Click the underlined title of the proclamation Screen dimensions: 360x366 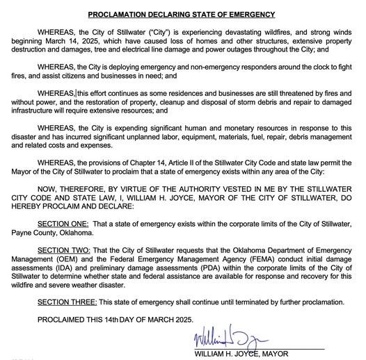coord(182,15)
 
